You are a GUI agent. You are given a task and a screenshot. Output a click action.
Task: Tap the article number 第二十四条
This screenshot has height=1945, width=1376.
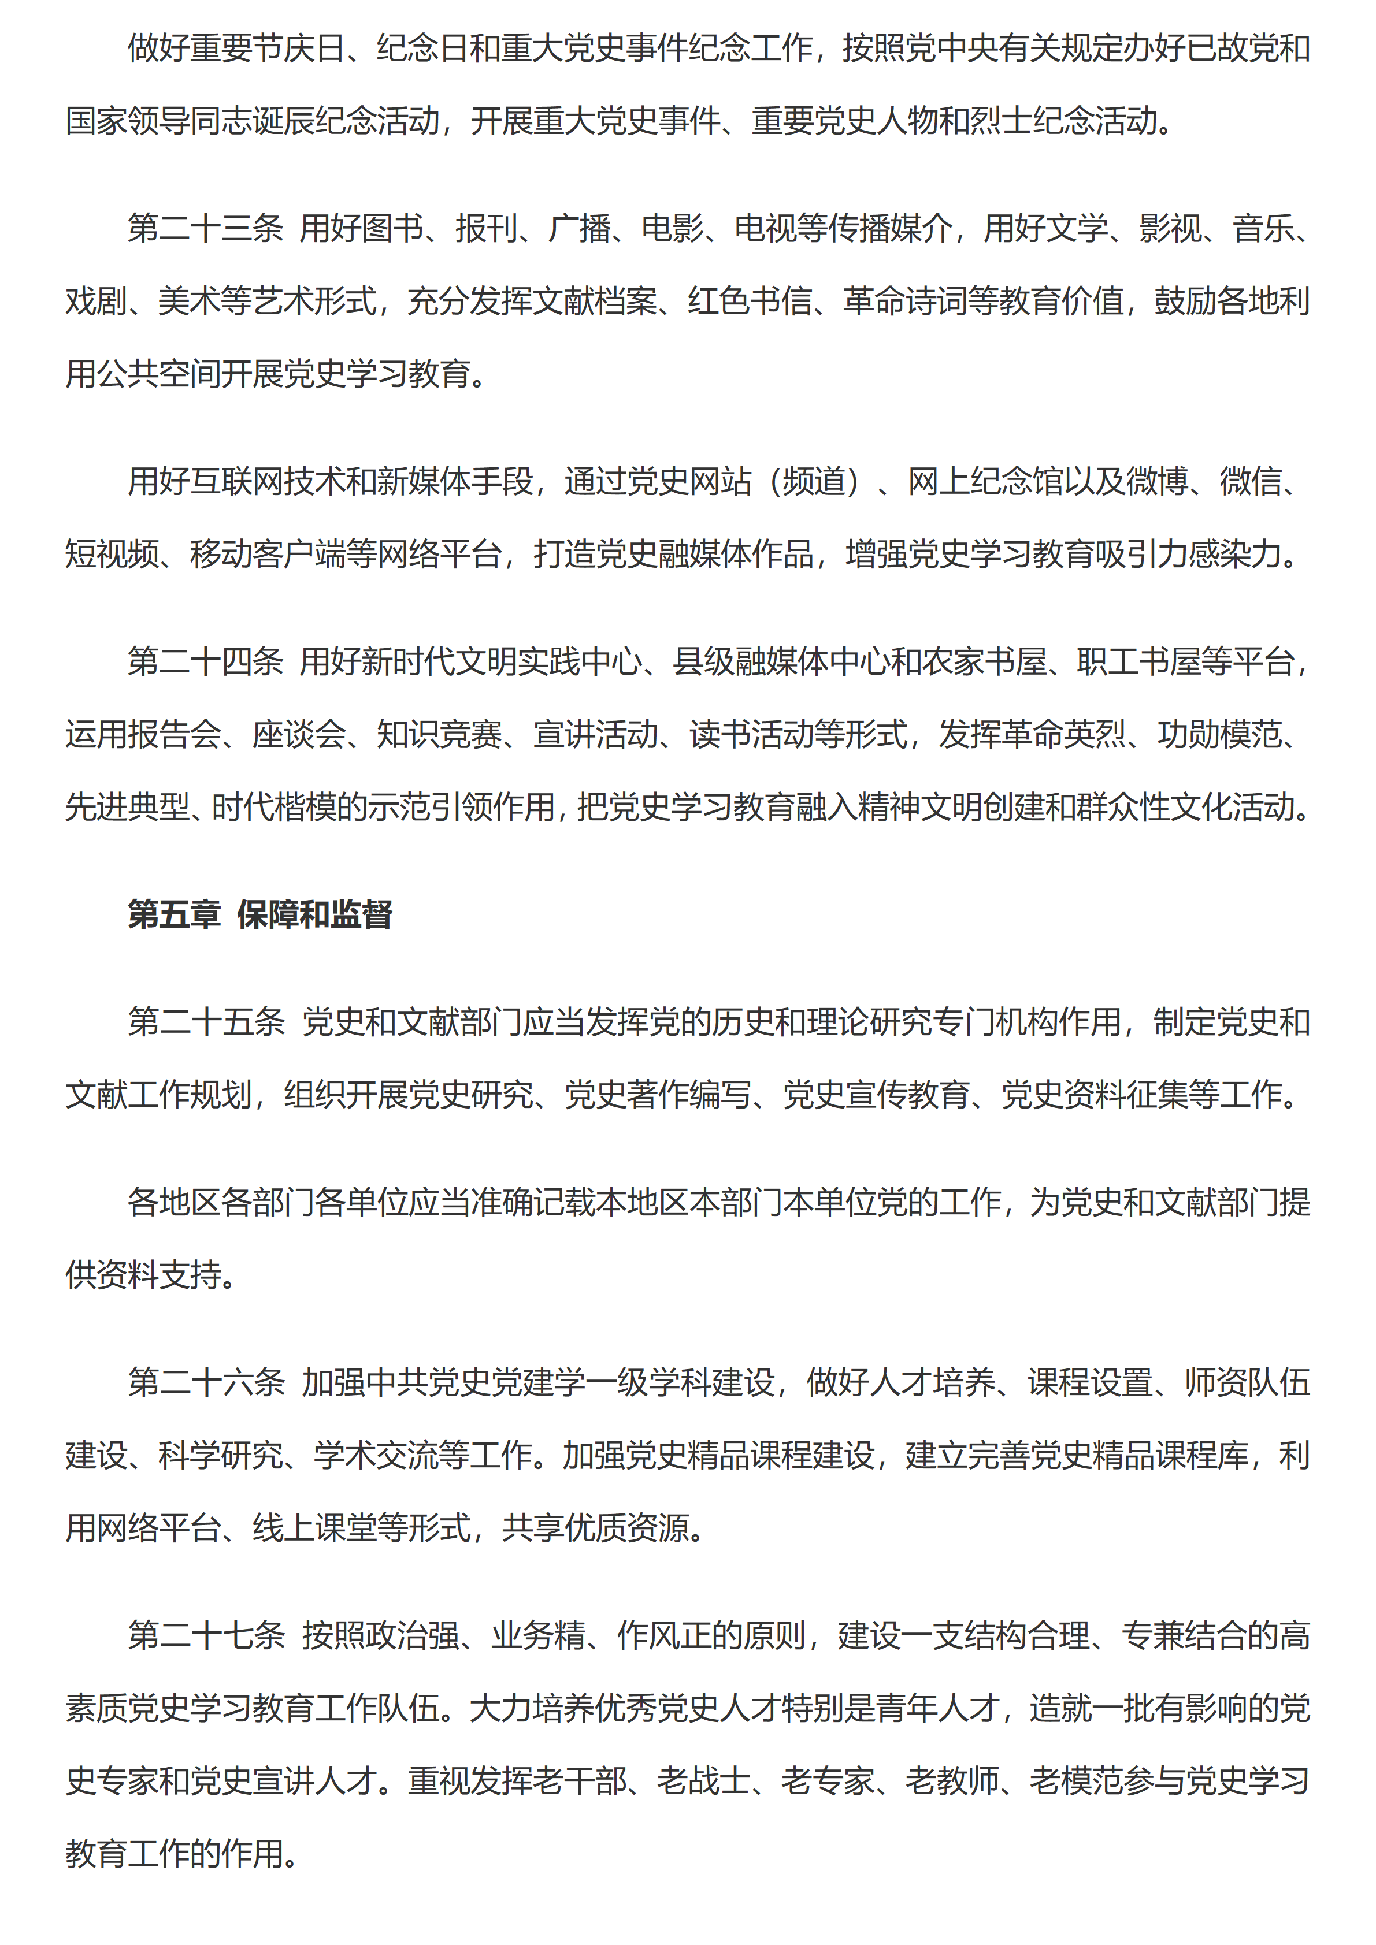(205, 661)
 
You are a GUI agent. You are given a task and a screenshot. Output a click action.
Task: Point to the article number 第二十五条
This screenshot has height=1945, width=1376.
(206, 1022)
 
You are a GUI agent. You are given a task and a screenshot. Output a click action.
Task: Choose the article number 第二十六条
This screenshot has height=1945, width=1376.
(206, 1382)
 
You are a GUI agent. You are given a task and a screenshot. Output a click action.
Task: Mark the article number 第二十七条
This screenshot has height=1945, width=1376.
(206, 1634)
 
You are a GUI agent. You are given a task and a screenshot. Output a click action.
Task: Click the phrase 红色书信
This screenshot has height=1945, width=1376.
(750, 301)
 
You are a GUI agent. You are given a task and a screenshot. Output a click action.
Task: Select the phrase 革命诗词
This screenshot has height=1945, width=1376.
(906, 301)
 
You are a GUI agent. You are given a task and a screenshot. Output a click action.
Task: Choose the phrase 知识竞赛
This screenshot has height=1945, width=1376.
(439, 734)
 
